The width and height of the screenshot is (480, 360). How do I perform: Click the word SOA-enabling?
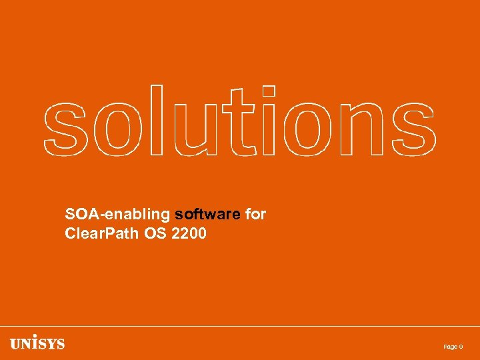point(117,215)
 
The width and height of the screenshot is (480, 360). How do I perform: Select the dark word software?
point(207,214)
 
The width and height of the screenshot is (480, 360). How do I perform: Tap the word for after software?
point(255,214)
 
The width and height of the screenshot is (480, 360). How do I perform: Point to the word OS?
point(160,233)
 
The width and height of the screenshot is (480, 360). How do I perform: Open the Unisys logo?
point(37,344)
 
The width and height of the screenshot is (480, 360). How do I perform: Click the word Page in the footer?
point(450,347)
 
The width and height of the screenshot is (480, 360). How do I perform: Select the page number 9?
point(461,347)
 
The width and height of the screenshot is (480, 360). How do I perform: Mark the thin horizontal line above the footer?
point(240,326)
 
